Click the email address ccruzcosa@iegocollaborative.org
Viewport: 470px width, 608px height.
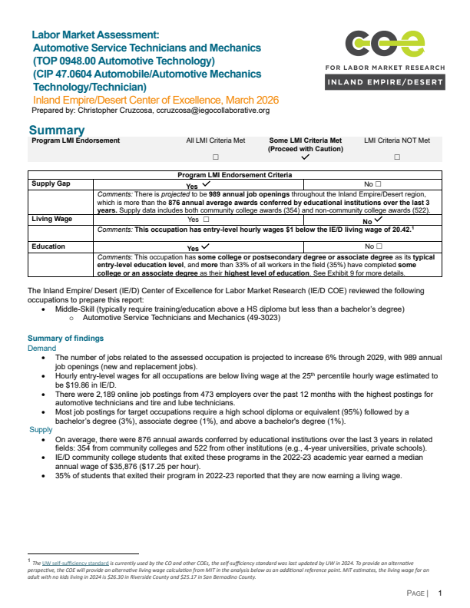[209, 111]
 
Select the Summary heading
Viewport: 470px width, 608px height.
[56, 131]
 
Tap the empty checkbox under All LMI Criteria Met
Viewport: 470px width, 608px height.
[216, 157]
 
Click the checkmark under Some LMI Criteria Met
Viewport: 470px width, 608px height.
[305, 157]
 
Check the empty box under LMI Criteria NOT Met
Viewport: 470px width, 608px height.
[397, 157]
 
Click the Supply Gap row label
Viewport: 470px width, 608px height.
[51, 184]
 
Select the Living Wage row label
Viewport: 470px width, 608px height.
[52, 220]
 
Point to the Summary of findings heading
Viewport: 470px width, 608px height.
[65, 339]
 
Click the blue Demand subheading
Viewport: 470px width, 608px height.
[42, 348]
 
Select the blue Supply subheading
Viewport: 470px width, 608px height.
[41, 429]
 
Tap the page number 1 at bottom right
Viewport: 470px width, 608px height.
[440, 593]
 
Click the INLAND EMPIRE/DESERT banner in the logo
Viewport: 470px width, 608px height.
[384, 82]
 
